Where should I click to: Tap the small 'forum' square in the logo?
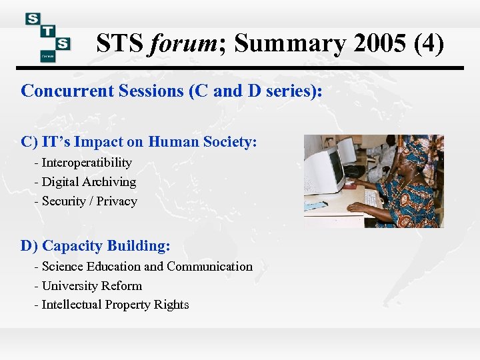pyautogui.click(x=47, y=55)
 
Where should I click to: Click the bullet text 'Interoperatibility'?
pyautogui.click(x=87, y=163)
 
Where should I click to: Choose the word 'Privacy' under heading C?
pyautogui.click(x=117, y=201)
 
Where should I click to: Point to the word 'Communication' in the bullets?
pyautogui.click(x=210, y=267)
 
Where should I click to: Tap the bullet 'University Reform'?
pyautogui.click(x=92, y=286)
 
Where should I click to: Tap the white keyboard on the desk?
pyautogui.click(x=373, y=198)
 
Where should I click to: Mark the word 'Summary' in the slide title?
pyautogui.click(x=290, y=44)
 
